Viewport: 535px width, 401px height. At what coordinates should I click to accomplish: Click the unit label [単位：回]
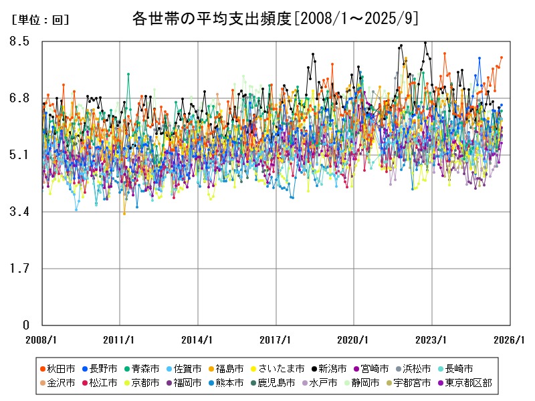click(x=40, y=20)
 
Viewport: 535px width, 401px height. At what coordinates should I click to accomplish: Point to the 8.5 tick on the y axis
click(x=19, y=41)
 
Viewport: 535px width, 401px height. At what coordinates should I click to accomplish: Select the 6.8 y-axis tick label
click(x=19, y=98)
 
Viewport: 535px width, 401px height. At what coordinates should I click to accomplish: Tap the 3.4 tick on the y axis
click(x=19, y=212)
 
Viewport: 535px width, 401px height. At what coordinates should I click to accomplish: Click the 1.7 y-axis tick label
click(x=19, y=269)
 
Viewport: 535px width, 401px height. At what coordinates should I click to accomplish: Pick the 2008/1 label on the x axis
click(x=42, y=340)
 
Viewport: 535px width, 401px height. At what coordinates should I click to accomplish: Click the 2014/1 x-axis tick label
click(x=199, y=340)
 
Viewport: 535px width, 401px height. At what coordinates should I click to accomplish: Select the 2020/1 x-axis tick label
click(x=354, y=340)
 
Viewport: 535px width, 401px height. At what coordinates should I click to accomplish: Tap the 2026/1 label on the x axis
click(x=510, y=340)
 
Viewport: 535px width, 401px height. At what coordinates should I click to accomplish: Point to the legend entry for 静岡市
click(x=367, y=383)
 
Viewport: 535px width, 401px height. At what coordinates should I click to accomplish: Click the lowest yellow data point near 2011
click(x=124, y=213)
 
